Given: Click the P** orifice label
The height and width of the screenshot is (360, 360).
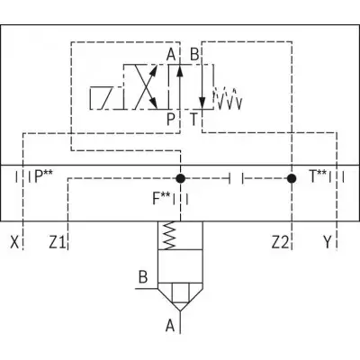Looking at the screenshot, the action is (x=44, y=176).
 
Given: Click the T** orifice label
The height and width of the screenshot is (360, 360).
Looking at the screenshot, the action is (x=318, y=176).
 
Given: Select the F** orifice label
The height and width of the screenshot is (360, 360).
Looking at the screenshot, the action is (x=162, y=199).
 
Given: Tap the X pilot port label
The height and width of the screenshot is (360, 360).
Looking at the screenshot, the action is (x=14, y=242).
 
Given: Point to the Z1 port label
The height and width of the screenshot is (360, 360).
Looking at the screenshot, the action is (x=58, y=242).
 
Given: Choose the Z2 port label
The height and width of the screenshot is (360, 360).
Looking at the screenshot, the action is (x=280, y=242).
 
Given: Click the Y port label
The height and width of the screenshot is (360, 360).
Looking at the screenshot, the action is (x=328, y=242).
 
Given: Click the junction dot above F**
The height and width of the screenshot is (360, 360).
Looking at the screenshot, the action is (x=180, y=178).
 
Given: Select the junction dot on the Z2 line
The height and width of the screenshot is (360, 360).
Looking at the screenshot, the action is (x=292, y=178).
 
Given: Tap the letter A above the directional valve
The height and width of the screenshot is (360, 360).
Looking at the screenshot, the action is (x=171, y=55).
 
